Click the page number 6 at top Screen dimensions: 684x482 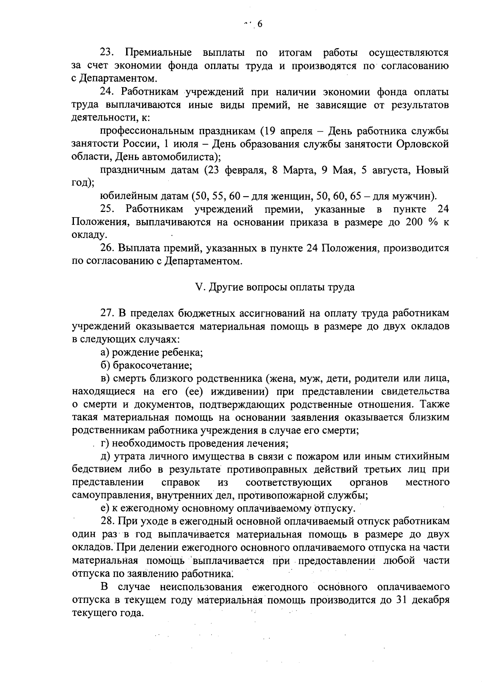click(x=259, y=24)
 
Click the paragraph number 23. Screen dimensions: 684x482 click(x=107, y=53)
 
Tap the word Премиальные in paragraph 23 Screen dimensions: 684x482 click(x=159, y=53)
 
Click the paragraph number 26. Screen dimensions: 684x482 click(x=107, y=248)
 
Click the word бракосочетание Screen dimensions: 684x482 click(x=153, y=365)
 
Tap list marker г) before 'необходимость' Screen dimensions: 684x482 click(x=105, y=444)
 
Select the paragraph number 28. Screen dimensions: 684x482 click(x=107, y=521)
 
